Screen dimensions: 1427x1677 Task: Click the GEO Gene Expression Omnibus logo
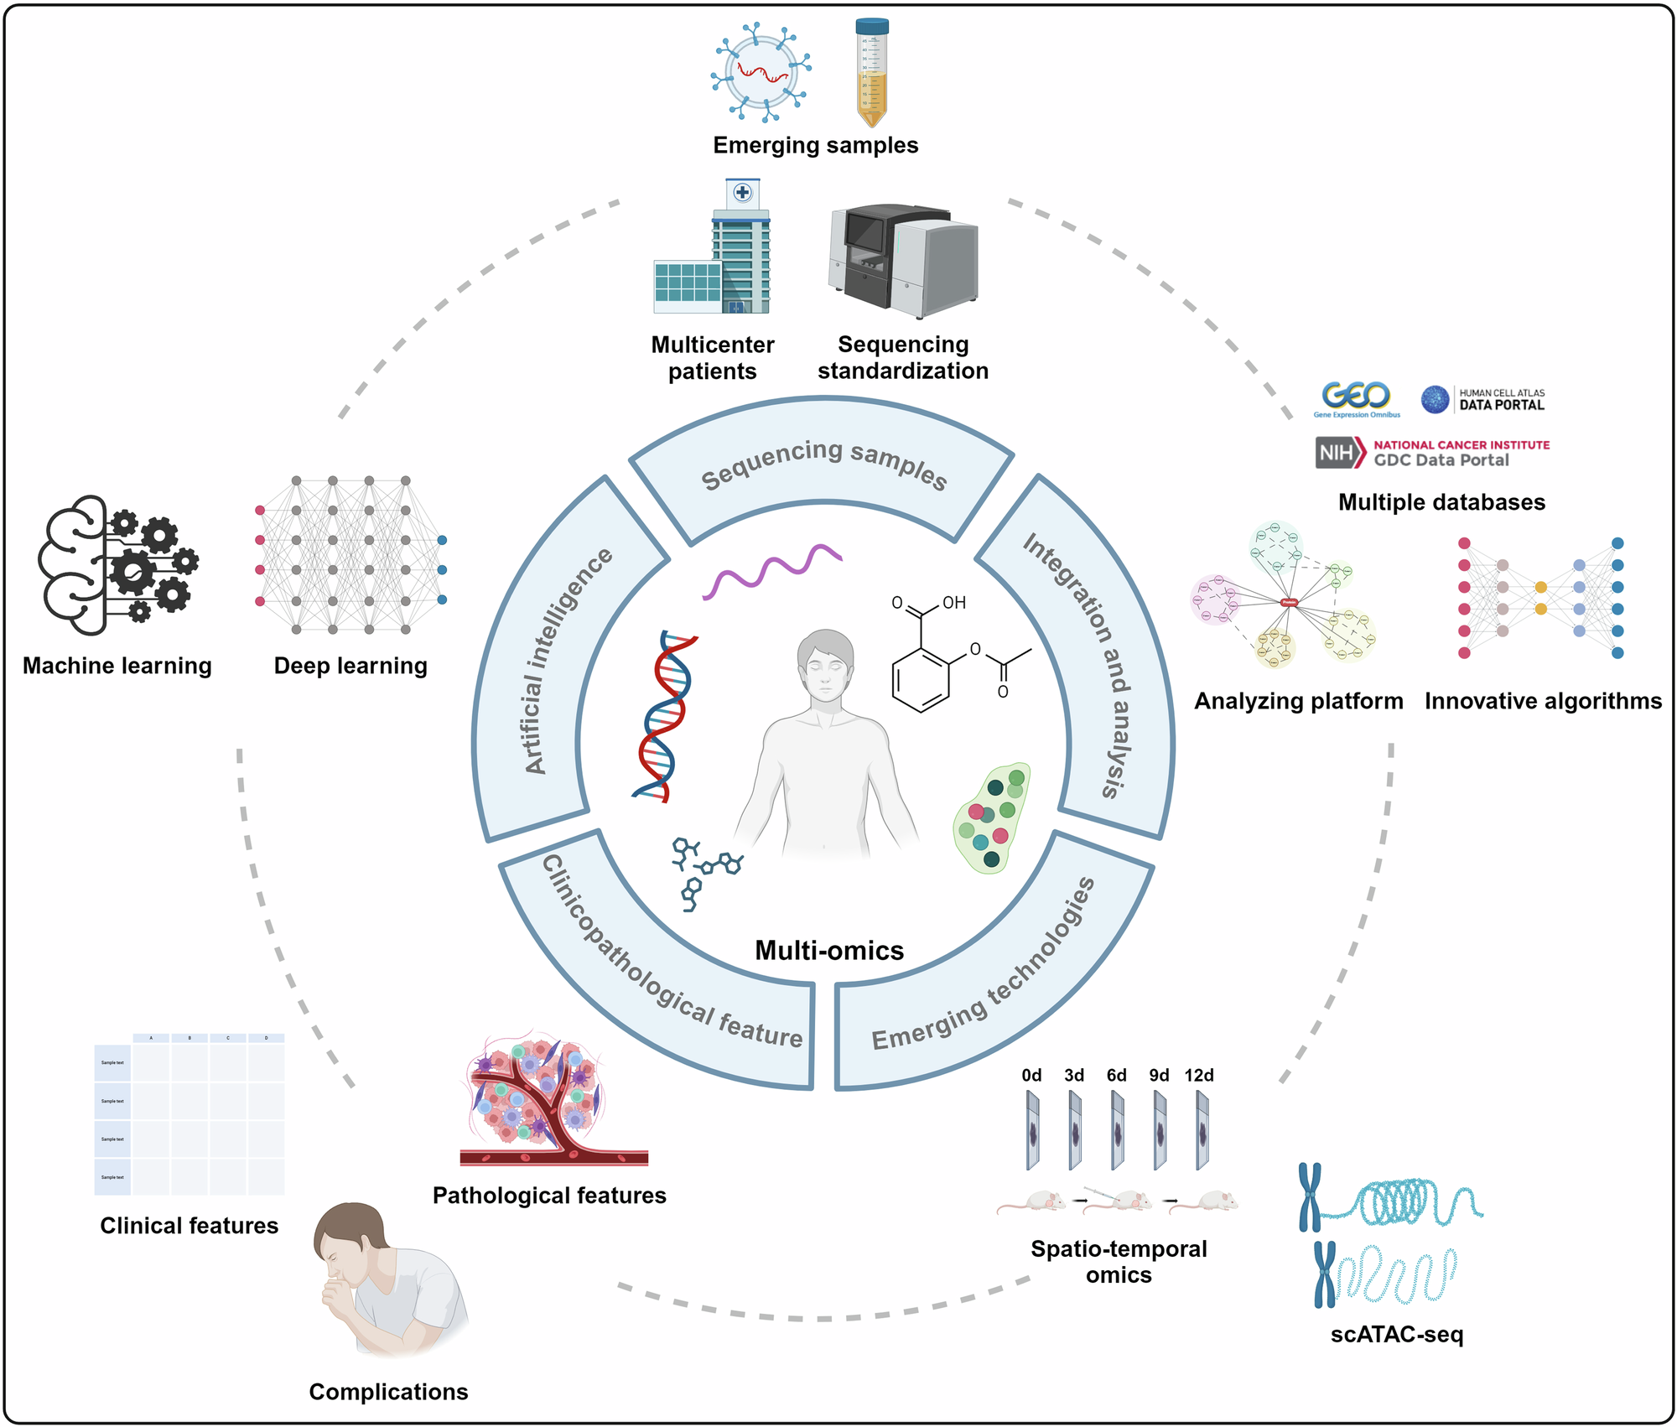pyautogui.click(x=1356, y=398)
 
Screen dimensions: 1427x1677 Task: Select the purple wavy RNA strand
pyautogui.click(x=771, y=570)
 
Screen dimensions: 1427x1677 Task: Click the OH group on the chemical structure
pyautogui.click(x=954, y=602)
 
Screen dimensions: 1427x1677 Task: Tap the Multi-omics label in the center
pyautogui.click(x=829, y=950)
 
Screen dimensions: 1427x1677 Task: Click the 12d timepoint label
pyautogui.click(x=1199, y=1075)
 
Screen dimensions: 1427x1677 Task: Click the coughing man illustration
pyautogui.click(x=386, y=1279)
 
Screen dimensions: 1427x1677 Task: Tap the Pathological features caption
pyautogui.click(x=549, y=1195)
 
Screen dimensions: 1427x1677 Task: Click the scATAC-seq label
pyautogui.click(x=1396, y=1333)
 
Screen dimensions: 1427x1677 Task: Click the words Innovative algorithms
pyautogui.click(x=1543, y=701)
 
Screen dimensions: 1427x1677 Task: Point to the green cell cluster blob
pyautogui.click(x=992, y=817)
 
